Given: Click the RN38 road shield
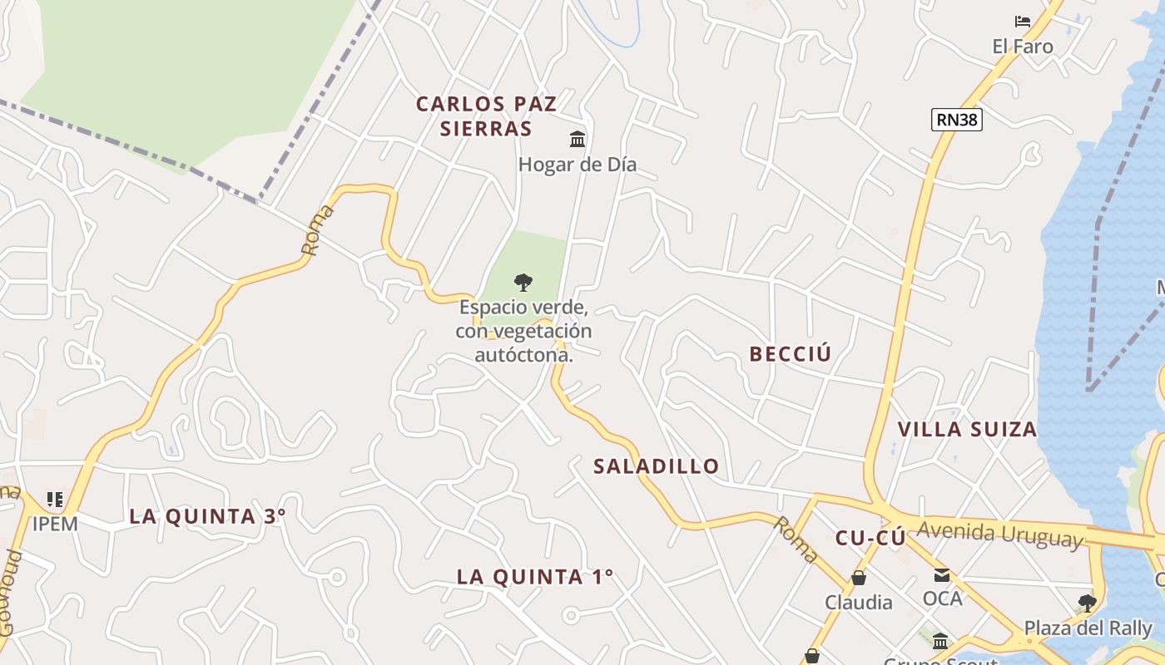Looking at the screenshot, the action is point(957,120).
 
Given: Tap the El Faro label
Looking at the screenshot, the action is point(1023,47).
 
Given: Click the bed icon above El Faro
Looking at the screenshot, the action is point(1023,22).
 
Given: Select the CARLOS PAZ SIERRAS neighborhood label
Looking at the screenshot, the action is point(486,116).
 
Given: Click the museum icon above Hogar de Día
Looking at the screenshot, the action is point(578,139).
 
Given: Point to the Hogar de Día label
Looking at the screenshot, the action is point(578,165).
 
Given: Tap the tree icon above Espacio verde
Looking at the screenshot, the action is point(523,283).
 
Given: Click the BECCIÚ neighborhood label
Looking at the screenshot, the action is point(791,354).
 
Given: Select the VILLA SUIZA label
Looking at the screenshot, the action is point(967,430).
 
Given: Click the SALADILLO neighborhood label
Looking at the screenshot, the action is point(656,466).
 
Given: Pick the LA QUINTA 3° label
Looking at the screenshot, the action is point(207,516).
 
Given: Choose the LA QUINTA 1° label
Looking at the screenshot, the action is point(535,576).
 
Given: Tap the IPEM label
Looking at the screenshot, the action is point(55,524).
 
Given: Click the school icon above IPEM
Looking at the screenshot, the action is point(55,500).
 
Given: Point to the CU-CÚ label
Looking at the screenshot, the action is point(870,539).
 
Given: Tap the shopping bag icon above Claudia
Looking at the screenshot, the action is point(858,578).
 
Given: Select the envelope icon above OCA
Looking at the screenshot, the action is point(942,574).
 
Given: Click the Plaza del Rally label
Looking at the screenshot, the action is point(1088,628).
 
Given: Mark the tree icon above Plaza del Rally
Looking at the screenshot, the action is point(1087,603).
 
